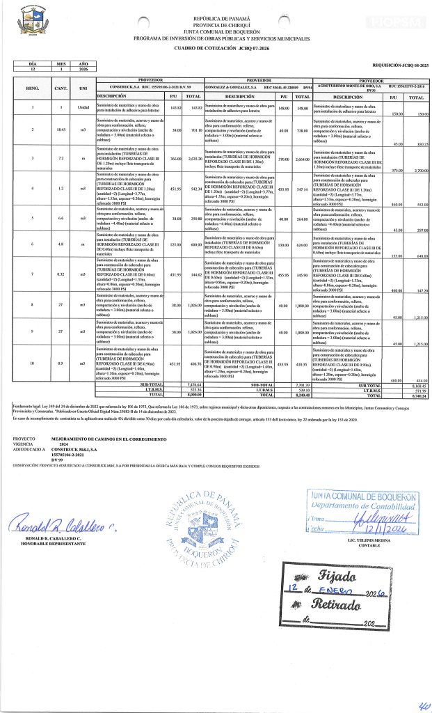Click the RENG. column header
[32, 89]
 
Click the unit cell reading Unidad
[83, 107]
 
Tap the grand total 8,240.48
[301, 394]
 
